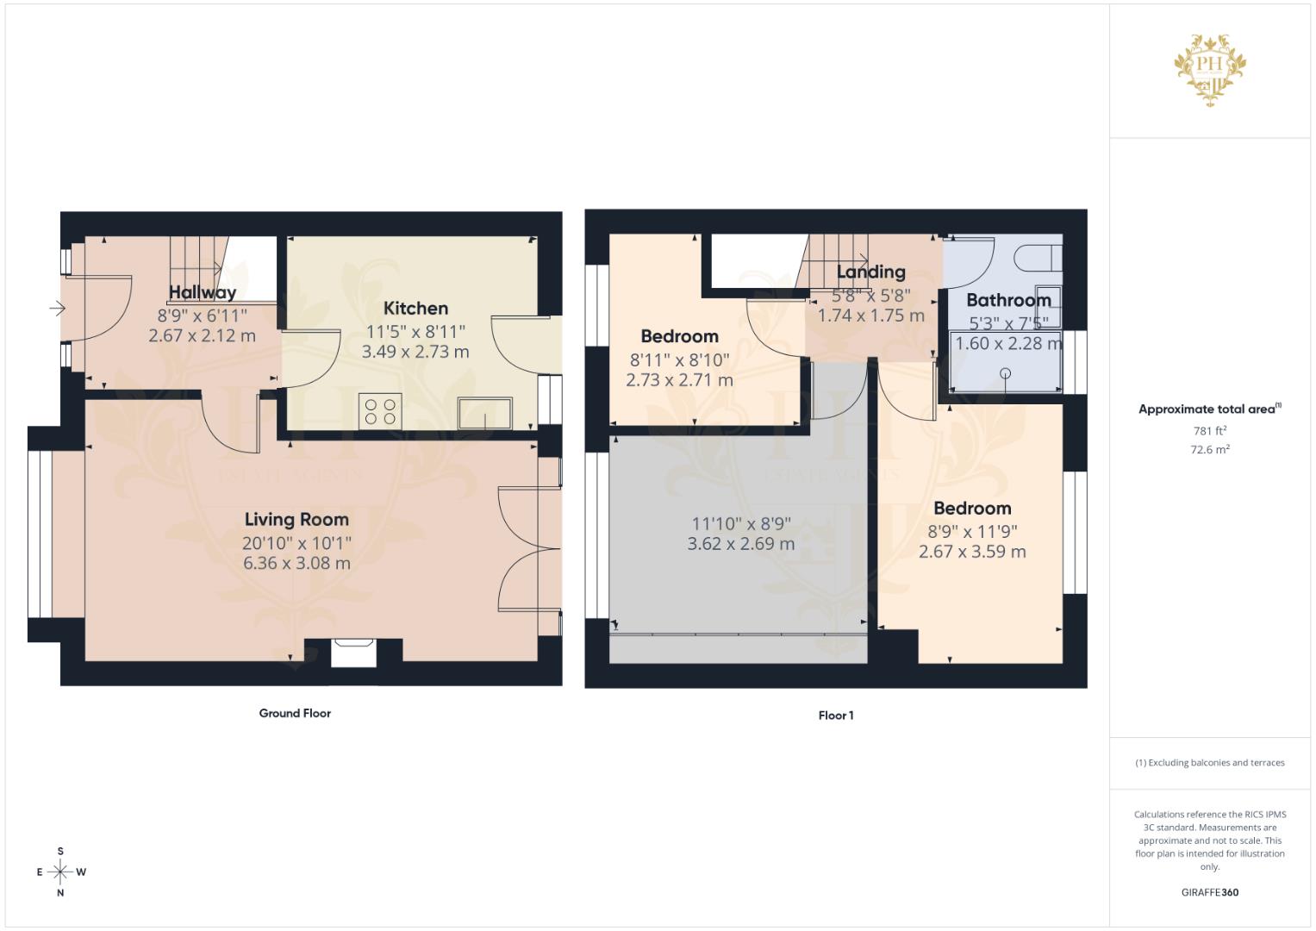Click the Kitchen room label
coord(415,308)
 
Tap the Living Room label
coord(296,519)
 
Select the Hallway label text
coord(203,292)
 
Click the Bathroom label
coord(1008,300)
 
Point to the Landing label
coord(870,272)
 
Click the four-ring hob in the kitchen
coord(380,410)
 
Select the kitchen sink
coord(484,412)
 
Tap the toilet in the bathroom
coord(1038,256)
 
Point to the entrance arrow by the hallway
coord(58,308)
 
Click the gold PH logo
coord(1211,69)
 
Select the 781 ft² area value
coord(1209,431)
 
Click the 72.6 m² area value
coord(1209,449)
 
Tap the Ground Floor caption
coord(295,713)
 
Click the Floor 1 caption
coord(835,715)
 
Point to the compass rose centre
coord(60,872)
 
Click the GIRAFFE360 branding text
coord(1209,892)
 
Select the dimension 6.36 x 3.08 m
coord(296,563)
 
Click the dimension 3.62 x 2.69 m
coord(740,544)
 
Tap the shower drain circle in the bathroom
coord(1005,373)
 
